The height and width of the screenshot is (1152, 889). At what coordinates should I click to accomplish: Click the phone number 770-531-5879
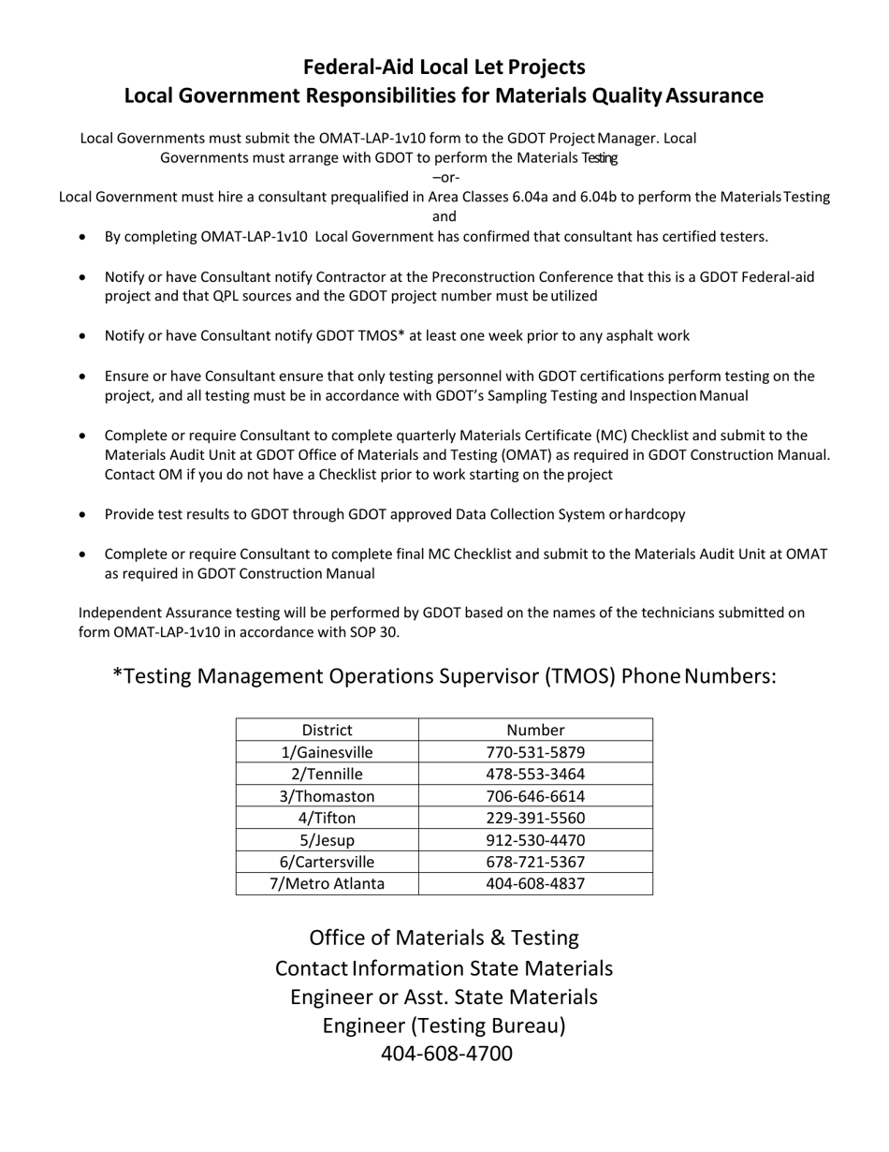coord(535,752)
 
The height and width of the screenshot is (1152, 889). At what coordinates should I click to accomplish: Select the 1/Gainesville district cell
coord(327,752)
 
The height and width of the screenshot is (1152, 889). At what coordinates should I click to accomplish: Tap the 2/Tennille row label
coord(327,775)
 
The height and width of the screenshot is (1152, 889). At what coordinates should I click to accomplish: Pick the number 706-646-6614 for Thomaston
coord(535,796)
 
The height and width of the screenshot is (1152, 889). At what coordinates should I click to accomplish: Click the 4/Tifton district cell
coord(327,819)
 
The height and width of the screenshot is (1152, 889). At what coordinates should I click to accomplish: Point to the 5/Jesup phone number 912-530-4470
coord(535,840)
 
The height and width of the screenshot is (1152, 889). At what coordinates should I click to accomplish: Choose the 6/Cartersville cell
coord(327,862)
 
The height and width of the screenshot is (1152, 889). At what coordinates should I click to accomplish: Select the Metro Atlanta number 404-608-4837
coord(535,883)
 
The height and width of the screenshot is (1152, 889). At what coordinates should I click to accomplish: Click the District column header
coord(327,730)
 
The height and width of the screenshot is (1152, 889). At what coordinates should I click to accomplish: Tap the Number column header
coord(535,730)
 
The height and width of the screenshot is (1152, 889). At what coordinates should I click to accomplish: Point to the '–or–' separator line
coord(445,177)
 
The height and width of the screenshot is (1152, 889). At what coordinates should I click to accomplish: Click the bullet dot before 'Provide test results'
coord(84,515)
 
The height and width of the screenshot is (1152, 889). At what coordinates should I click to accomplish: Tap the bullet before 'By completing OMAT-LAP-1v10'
coord(84,238)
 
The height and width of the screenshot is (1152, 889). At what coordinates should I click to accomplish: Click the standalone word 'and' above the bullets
coord(444,216)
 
